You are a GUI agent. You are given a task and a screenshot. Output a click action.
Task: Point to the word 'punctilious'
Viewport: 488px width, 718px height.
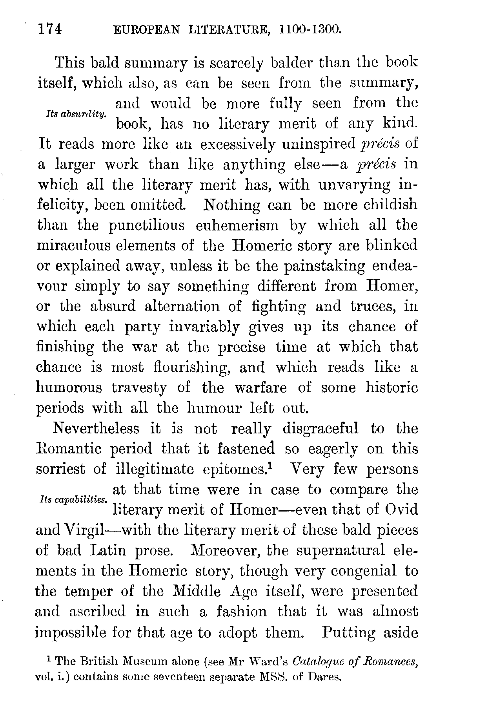[x=146, y=225]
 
